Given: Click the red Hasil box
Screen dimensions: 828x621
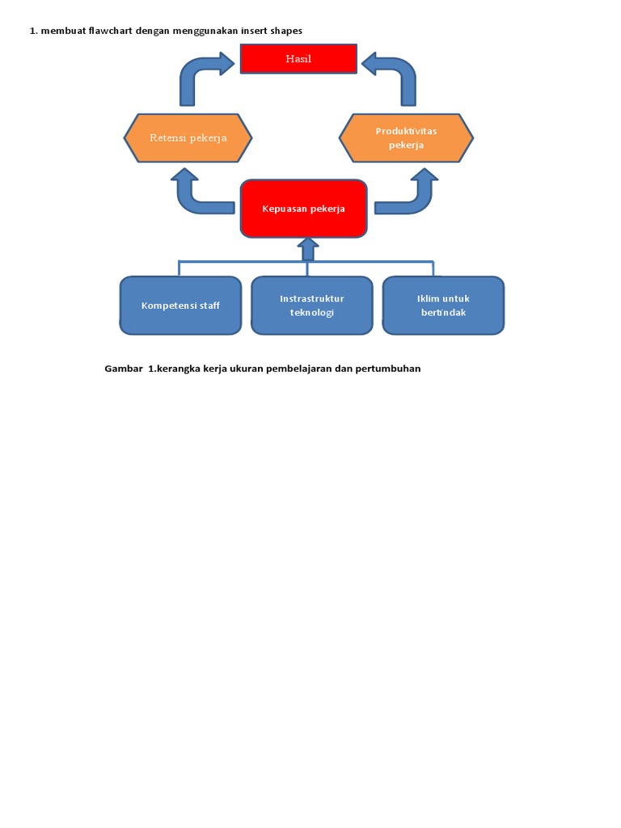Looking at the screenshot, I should tap(298, 59).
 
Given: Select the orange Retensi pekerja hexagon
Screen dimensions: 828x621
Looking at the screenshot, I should tap(188, 137).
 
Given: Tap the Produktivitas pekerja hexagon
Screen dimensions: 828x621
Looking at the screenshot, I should tap(406, 138).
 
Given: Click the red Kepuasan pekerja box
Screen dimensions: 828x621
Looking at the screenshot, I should tap(303, 209).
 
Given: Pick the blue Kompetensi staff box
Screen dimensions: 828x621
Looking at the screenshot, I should tap(180, 305).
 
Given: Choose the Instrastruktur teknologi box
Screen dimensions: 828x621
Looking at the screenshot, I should tap(311, 305).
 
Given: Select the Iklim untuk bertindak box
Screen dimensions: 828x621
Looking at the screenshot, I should tap(443, 305).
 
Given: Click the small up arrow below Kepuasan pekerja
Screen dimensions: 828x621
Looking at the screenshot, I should tap(307, 248).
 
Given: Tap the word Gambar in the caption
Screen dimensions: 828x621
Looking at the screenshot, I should tap(123, 369).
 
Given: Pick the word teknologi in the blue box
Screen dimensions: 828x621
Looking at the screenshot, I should tap(311, 313).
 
